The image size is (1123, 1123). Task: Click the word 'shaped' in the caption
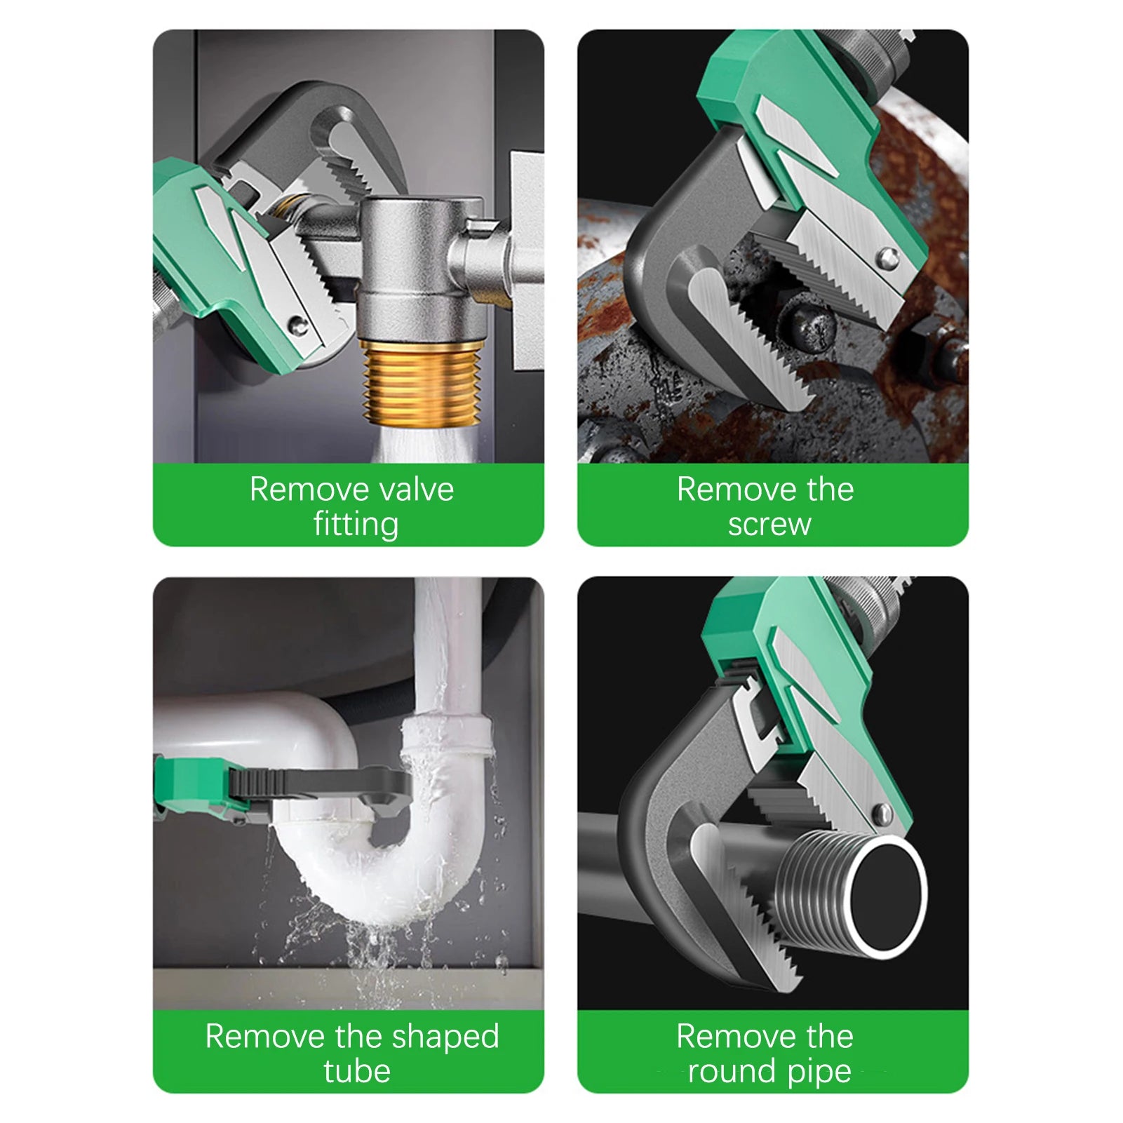[445, 1037]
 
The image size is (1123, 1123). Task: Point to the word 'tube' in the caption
[356, 1072]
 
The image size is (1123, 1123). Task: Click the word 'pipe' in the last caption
[821, 1072]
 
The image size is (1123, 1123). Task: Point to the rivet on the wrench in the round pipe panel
[881, 814]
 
